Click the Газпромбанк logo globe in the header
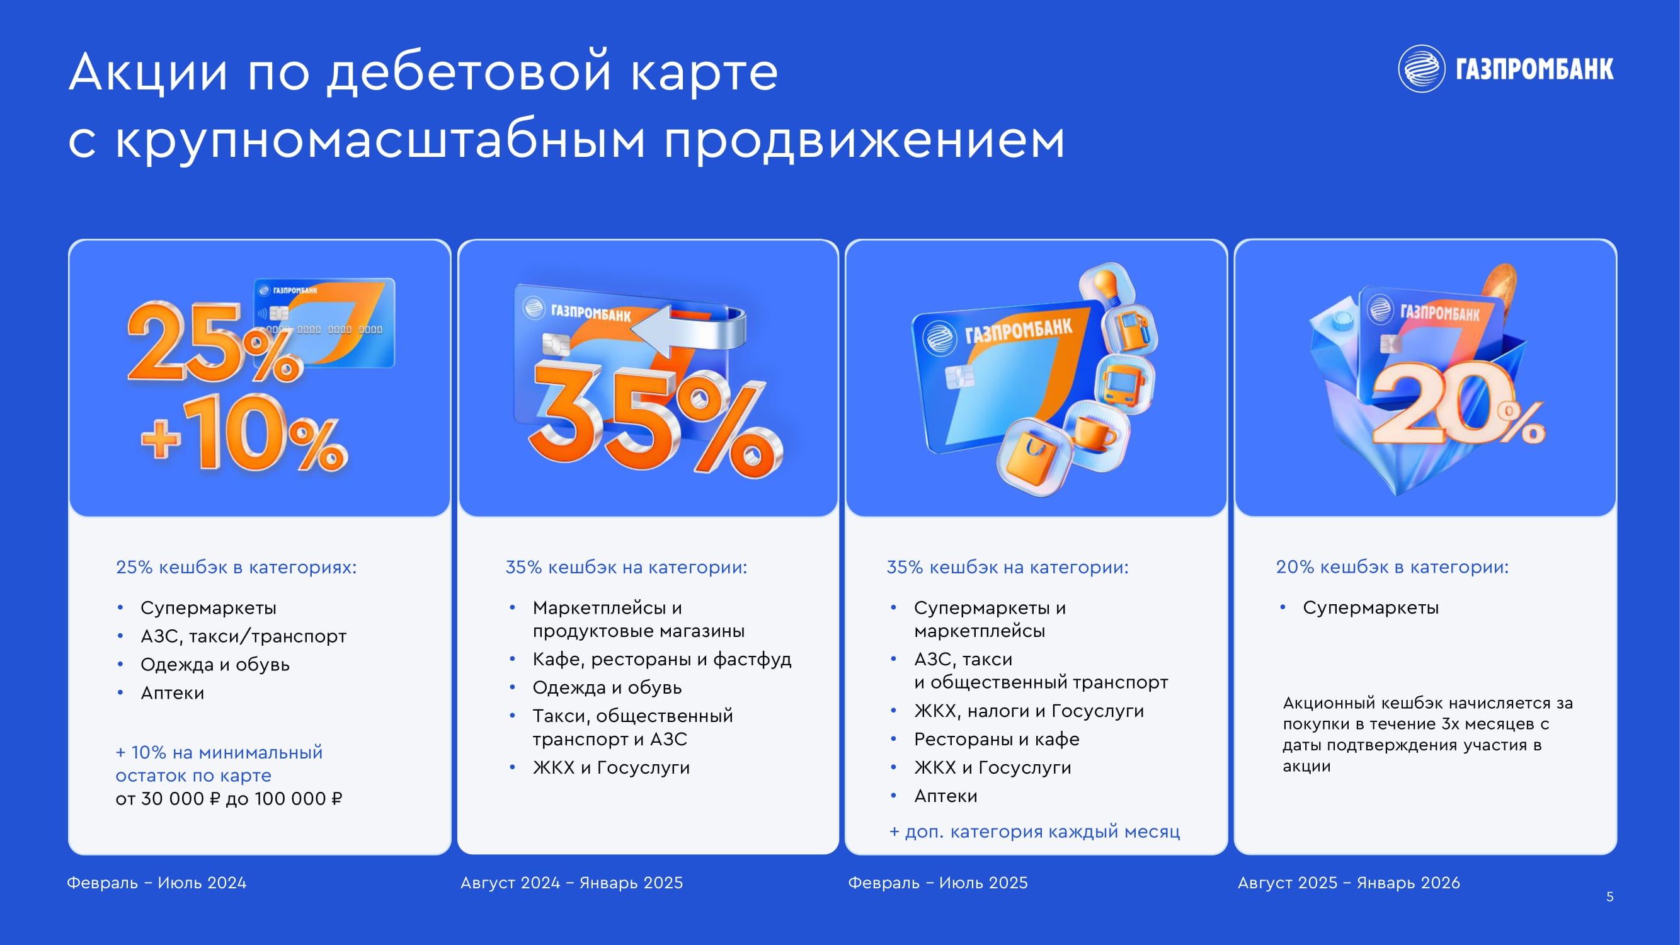click(1422, 69)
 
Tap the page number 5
click(1609, 896)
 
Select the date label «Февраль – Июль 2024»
click(156, 883)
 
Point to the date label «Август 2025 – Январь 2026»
click(1349, 883)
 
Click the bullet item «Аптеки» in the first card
click(172, 692)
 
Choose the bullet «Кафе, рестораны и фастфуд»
click(662, 660)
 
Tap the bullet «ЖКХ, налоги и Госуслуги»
click(1029, 711)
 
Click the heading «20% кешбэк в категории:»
click(1392, 567)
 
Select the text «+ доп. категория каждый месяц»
click(1035, 832)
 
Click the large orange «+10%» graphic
click(244, 433)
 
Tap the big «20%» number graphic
click(1458, 404)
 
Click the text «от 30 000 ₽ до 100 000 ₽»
click(229, 799)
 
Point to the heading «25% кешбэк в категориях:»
click(236, 567)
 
